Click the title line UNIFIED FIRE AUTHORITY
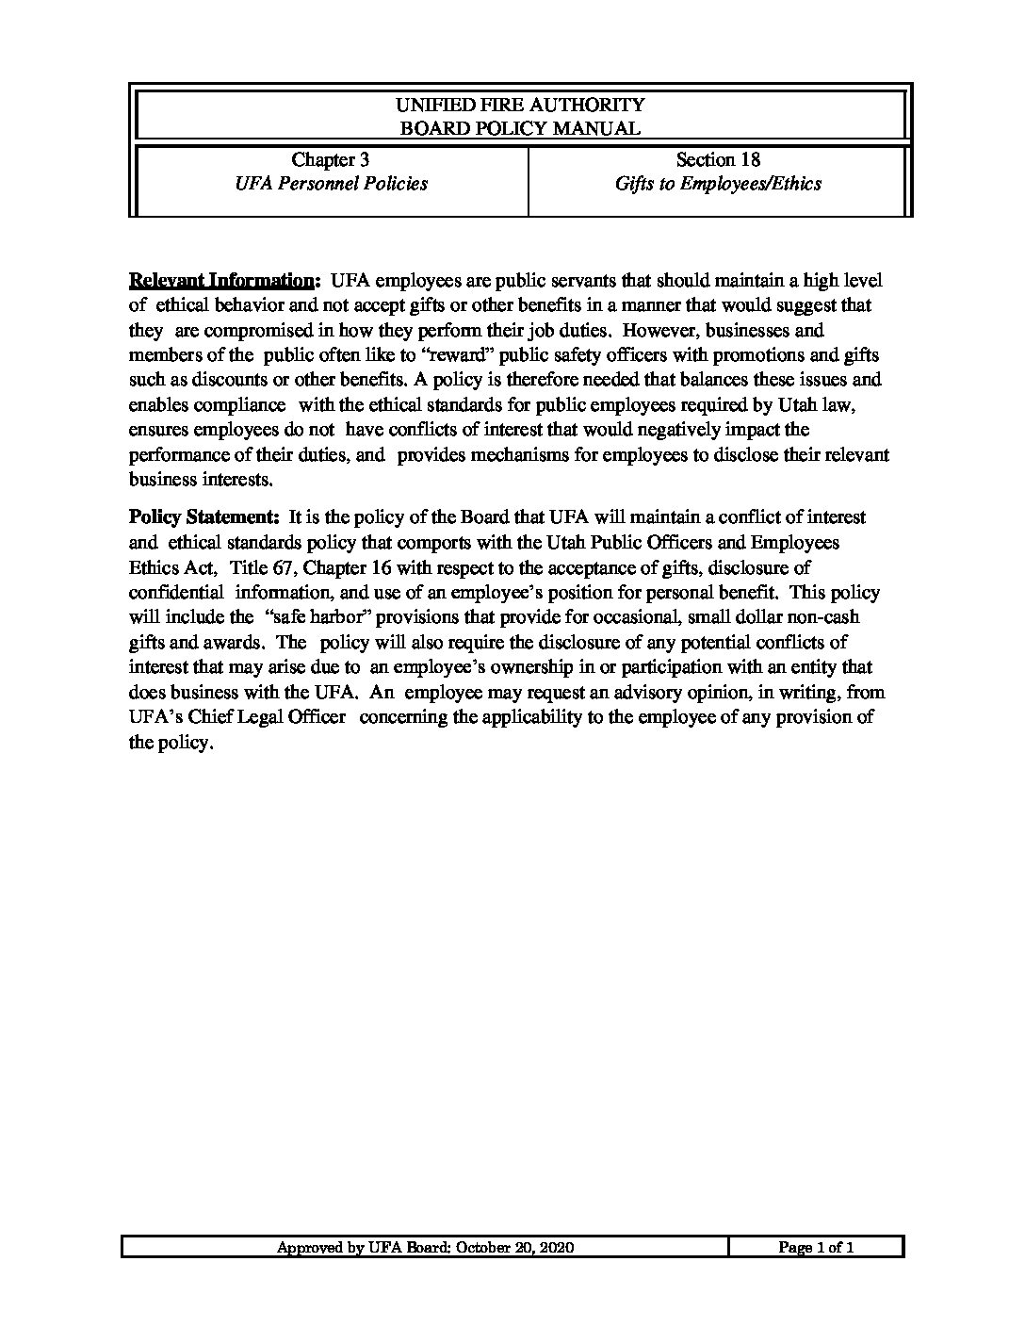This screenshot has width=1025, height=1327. [520, 105]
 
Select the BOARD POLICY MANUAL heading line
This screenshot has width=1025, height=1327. [520, 128]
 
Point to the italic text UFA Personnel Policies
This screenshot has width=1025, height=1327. [331, 184]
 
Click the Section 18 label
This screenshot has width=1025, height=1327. [718, 160]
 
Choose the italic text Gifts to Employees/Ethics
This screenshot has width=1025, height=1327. [718, 184]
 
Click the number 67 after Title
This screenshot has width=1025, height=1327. [284, 567]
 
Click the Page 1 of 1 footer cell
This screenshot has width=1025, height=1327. [816, 1248]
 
